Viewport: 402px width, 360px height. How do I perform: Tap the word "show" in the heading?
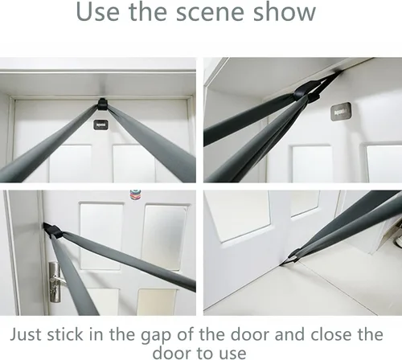(285, 12)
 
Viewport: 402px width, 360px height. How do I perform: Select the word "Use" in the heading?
(97, 12)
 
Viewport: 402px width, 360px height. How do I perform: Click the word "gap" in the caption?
(156, 336)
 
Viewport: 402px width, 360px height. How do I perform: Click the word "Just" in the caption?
(27, 334)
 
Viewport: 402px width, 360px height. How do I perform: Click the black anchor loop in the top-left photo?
(102, 104)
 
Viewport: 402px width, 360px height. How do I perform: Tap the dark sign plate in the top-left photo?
(100, 125)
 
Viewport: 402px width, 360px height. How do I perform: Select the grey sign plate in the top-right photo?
(341, 112)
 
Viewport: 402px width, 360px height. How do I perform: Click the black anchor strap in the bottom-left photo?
(51, 229)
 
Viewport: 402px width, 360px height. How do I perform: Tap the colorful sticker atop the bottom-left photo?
(136, 195)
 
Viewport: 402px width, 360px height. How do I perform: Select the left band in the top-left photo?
(46, 143)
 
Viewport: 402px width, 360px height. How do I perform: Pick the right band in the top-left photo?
(151, 143)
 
